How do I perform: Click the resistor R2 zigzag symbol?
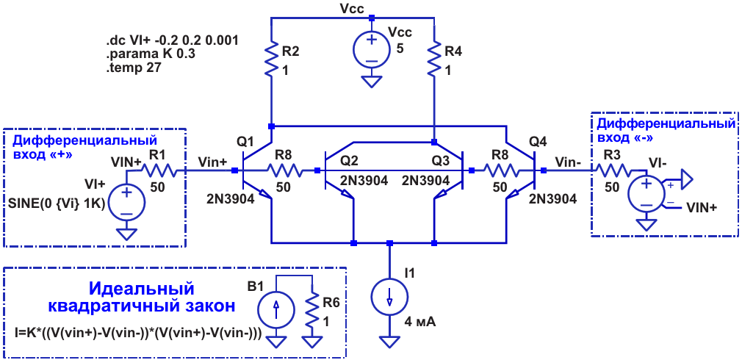point(271,58)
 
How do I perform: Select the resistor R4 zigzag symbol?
point(434,58)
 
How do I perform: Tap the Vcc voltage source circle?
point(372,50)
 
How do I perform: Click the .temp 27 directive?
point(134,68)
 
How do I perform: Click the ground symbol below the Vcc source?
point(372,82)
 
